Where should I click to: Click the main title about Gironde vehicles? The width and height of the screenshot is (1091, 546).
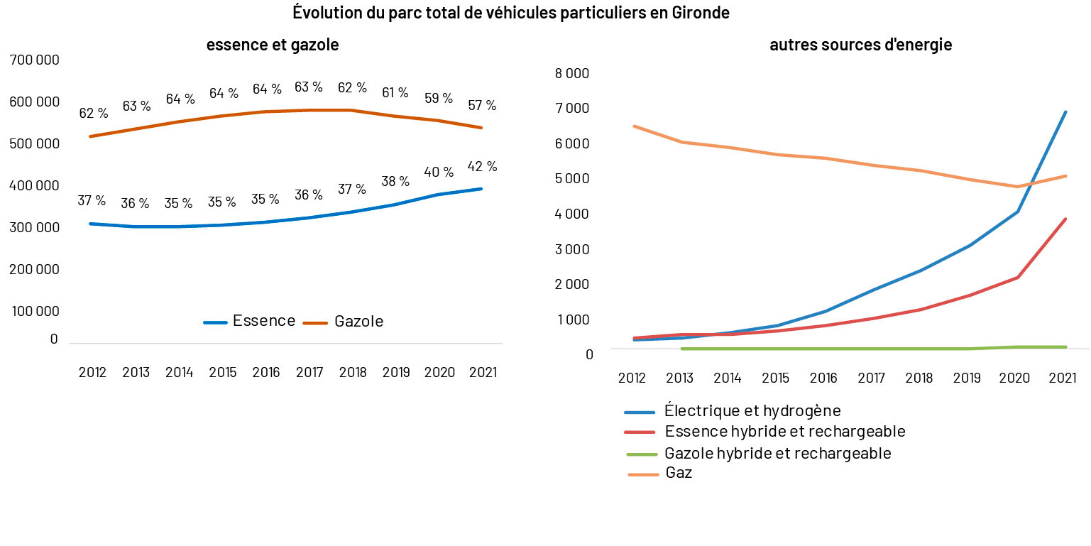click(x=510, y=13)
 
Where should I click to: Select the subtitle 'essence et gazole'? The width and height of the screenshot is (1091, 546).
click(x=273, y=45)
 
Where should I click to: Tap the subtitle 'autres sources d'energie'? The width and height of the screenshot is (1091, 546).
click(x=860, y=45)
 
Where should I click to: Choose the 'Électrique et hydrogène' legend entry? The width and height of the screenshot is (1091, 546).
click(x=752, y=410)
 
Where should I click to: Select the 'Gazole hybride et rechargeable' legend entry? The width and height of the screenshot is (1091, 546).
click(x=777, y=453)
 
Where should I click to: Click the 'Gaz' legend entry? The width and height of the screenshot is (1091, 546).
click(x=679, y=473)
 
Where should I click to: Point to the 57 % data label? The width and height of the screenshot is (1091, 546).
click(x=482, y=105)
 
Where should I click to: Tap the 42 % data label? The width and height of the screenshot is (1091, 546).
click(x=483, y=166)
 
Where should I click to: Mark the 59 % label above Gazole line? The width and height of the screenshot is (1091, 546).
click(x=439, y=98)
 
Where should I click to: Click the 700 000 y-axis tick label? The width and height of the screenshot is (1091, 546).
click(x=34, y=60)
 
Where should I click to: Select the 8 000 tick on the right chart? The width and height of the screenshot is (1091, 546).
click(x=573, y=73)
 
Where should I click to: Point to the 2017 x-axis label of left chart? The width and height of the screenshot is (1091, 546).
click(x=309, y=373)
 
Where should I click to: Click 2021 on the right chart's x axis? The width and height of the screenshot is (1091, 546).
click(x=1063, y=378)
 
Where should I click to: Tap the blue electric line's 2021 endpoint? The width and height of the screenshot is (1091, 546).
click(x=1065, y=112)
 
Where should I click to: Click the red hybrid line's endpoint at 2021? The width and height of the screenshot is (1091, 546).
click(x=1065, y=219)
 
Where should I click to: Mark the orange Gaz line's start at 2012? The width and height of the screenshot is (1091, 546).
click(x=634, y=126)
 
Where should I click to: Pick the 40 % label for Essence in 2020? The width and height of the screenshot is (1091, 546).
click(x=439, y=172)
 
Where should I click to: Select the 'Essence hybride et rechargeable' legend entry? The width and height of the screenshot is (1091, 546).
click(x=784, y=432)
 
